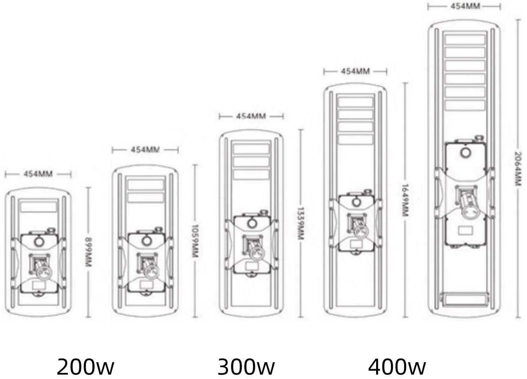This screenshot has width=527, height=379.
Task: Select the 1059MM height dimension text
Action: pyautogui.click(x=195, y=241)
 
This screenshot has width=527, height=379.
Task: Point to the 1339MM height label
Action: pyautogui.click(x=300, y=223)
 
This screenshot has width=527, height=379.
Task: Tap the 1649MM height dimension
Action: pyautogui.click(x=405, y=200)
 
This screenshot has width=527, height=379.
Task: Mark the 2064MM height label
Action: pyautogui.click(x=518, y=169)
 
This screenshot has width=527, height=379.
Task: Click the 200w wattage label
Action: pyautogui.click(x=86, y=367)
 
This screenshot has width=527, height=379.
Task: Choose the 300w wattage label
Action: pyautogui.click(x=246, y=367)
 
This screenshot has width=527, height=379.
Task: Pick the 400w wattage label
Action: pyautogui.click(x=397, y=367)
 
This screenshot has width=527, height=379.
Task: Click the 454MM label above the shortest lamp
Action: pyautogui.click(x=38, y=174)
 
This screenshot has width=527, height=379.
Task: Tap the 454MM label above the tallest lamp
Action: pyautogui.click(x=465, y=6)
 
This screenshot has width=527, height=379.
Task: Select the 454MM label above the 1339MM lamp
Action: pyautogui.click(x=251, y=116)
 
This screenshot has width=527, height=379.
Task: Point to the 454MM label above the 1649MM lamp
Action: pyautogui.click(x=356, y=71)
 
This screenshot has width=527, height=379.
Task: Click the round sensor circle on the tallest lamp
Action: pyautogui.click(x=465, y=153)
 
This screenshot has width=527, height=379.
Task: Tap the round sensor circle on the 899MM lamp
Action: pyautogui.click(x=39, y=242)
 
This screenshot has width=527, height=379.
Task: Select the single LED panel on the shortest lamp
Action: pyautogui.click(x=39, y=207)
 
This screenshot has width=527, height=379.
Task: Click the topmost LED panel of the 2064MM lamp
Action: pyautogui.click(x=465, y=39)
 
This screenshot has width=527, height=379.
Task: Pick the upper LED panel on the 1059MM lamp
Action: pyautogui.click(x=146, y=185)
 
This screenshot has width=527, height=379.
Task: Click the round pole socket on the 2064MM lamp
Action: pyautogui.click(x=471, y=211)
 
